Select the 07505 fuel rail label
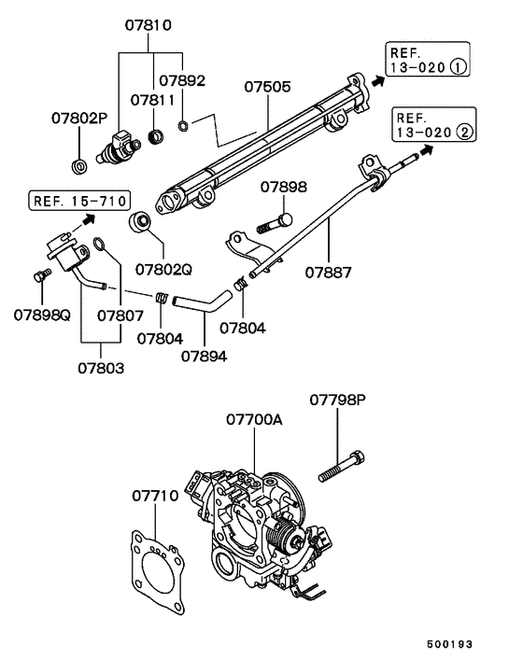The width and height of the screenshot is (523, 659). pyautogui.click(x=268, y=88)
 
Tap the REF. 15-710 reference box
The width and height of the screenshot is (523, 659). pyautogui.click(x=79, y=201)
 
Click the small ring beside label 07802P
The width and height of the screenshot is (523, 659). pyautogui.click(x=79, y=167)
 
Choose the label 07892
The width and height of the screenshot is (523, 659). pyautogui.click(x=182, y=81)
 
